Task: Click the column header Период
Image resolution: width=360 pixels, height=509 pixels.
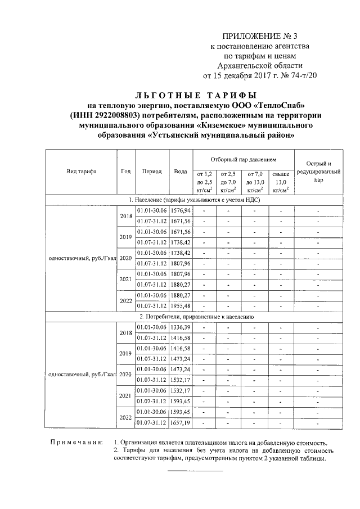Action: [152, 172]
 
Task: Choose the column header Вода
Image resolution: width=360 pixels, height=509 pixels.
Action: [181, 172]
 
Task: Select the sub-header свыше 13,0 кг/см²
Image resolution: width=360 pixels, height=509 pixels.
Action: [280, 182]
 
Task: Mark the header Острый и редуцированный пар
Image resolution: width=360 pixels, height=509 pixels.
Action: [318, 172]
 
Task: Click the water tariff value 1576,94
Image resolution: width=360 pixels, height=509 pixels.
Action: [181, 210]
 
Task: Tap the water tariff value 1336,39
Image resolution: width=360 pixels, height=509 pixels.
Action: [181, 327]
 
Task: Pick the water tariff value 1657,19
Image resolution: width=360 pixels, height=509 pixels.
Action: [181, 422]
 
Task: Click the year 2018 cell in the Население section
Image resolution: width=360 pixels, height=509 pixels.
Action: [125, 215]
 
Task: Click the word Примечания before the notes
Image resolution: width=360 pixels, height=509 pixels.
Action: [76, 442]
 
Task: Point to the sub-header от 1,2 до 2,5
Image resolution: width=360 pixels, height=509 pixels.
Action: [204, 182]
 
